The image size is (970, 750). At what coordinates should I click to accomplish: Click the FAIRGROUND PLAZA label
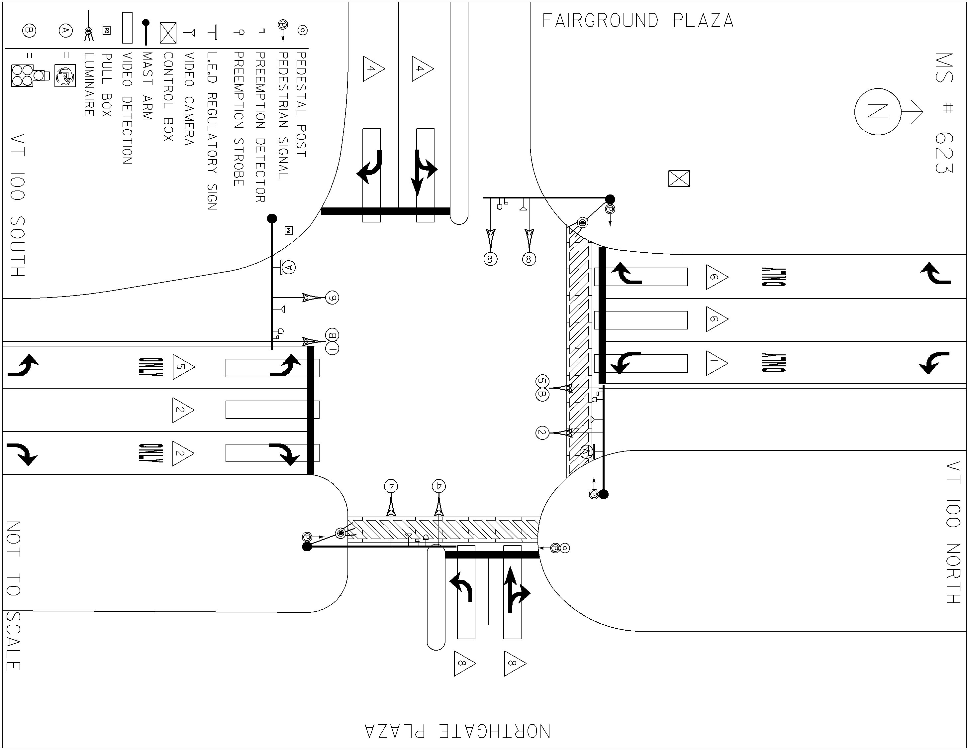tap(638, 21)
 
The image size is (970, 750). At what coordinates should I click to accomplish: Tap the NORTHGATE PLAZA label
tap(457, 731)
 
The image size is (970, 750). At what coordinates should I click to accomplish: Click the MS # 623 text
tap(944, 113)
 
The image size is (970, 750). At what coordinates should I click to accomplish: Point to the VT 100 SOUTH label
tap(17, 205)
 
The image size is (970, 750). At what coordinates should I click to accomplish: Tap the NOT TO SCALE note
tap(13, 596)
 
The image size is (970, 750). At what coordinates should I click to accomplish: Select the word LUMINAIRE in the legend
tap(89, 84)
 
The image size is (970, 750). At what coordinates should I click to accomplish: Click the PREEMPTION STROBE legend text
tap(239, 119)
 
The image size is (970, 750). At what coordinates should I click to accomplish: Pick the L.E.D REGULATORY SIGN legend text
tap(212, 131)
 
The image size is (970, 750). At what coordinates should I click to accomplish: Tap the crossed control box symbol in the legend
tap(168, 33)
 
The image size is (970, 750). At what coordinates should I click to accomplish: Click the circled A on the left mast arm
tap(289, 267)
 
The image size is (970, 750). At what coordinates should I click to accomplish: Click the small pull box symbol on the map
tap(288, 231)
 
